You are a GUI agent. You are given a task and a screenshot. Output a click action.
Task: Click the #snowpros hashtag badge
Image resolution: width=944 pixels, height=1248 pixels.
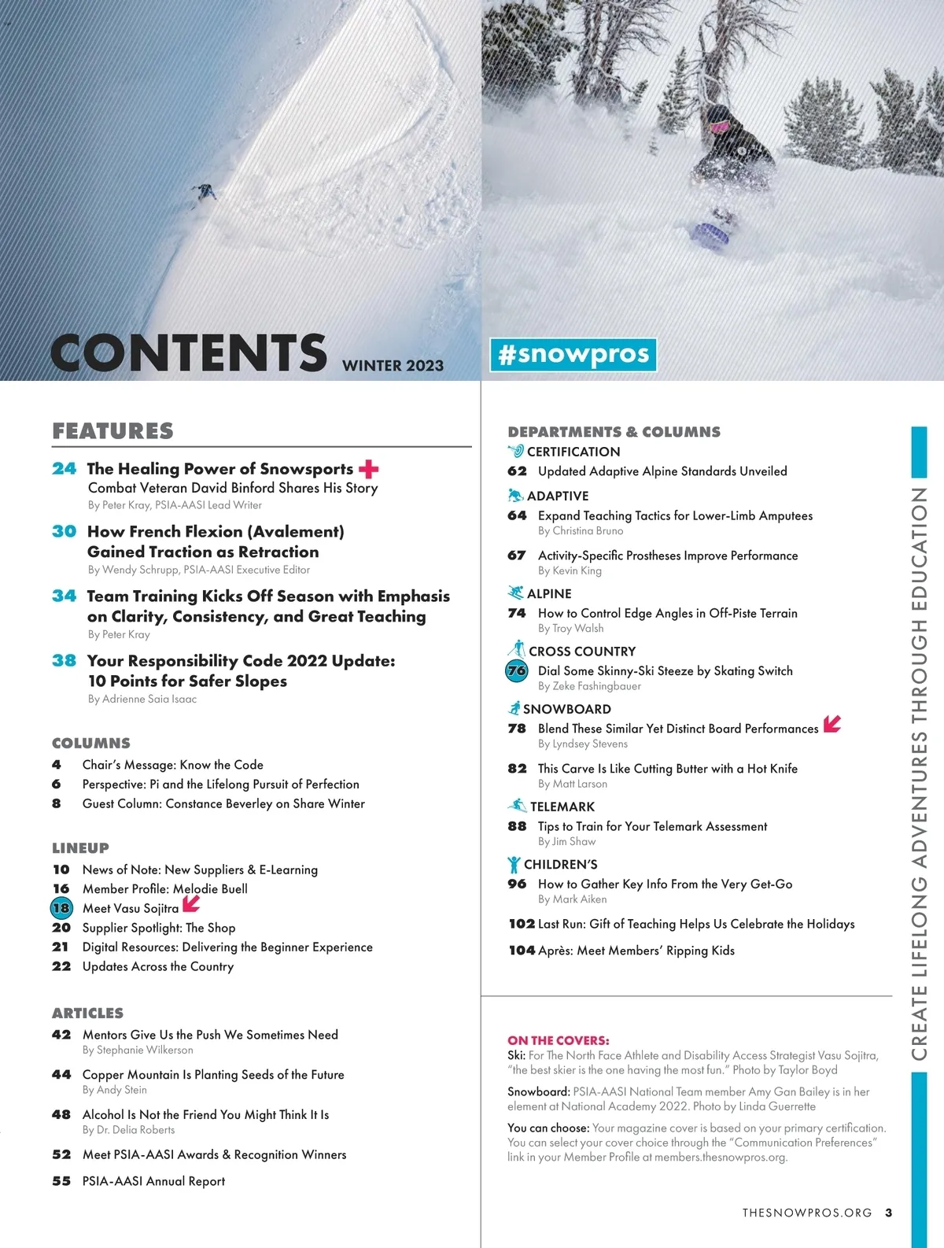pyautogui.click(x=573, y=354)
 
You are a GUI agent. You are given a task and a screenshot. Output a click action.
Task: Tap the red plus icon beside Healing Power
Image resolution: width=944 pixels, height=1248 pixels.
pyautogui.click(x=369, y=469)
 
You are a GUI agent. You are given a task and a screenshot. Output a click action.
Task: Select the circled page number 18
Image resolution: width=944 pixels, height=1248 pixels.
pyautogui.click(x=61, y=908)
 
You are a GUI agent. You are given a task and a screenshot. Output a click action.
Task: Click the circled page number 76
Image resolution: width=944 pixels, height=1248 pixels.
pyautogui.click(x=517, y=671)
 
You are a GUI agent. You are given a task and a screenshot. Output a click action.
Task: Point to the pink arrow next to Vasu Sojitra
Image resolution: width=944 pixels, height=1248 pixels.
pyautogui.click(x=191, y=905)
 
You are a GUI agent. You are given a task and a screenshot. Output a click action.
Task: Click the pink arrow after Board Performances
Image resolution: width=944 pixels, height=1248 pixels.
pyautogui.click(x=832, y=724)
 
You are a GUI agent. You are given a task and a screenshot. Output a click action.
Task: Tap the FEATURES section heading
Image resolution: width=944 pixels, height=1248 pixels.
pyautogui.click(x=112, y=431)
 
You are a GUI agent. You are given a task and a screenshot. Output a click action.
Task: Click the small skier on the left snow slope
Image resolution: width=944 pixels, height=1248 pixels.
pyautogui.click(x=205, y=191)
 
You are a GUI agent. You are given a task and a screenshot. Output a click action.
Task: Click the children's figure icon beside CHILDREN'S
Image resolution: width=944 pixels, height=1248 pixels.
pyautogui.click(x=514, y=865)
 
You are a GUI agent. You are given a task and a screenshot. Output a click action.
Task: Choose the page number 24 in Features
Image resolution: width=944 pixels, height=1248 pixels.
pyautogui.click(x=65, y=469)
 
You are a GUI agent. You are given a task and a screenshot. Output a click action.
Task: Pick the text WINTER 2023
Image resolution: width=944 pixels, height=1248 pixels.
pyautogui.click(x=393, y=366)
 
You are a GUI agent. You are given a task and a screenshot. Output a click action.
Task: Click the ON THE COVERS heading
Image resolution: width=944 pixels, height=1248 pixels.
pyautogui.click(x=558, y=1040)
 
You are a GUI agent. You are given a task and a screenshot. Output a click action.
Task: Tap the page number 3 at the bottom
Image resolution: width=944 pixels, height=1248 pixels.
pyautogui.click(x=888, y=1213)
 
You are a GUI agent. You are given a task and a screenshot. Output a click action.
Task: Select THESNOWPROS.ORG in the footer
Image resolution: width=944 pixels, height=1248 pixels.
pyautogui.click(x=806, y=1213)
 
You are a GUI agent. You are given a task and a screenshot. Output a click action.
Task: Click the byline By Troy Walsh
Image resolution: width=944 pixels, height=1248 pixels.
pyautogui.click(x=570, y=628)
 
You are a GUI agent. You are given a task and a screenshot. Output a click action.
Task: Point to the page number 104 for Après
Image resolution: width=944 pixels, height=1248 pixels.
pyautogui.click(x=522, y=951)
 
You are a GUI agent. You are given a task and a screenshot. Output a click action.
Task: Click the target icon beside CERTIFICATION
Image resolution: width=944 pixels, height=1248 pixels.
pyautogui.click(x=516, y=451)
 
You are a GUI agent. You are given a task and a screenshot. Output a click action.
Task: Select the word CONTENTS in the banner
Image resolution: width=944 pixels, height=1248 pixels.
pyautogui.click(x=189, y=353)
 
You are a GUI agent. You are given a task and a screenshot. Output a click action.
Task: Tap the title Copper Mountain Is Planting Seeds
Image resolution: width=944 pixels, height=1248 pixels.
pyautogui.click(x=213, y=1075)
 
